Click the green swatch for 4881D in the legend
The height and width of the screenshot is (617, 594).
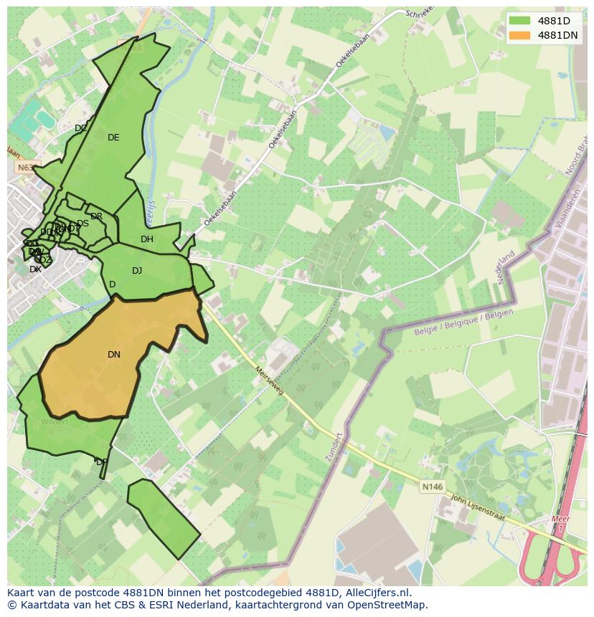click(x=519, y=21)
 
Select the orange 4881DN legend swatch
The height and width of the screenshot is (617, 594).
click(x=519, y=35)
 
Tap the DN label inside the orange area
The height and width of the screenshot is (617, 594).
click(x=114, y=355)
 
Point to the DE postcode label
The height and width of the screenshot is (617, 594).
click(x=113, y=138)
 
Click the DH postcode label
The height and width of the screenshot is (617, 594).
click(x=147, y=239)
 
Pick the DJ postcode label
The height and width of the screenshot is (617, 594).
click(x=137, y=271)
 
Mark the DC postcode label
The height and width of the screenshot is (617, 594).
click(x=81, y=129)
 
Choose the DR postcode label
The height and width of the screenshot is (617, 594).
click(x=96, y=216)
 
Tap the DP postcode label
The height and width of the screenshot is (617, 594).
click(x=102, y=462)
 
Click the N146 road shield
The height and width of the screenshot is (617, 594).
click(x=432, y=487)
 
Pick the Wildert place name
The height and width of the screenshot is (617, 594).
click(x=55, y=421)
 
